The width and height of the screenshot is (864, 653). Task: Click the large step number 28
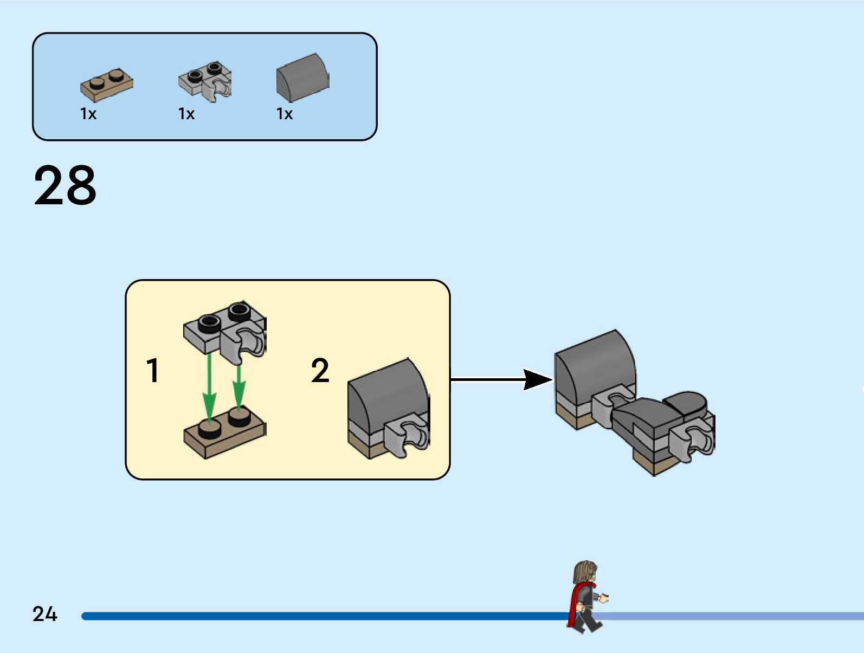65,185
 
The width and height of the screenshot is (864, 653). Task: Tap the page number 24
45,614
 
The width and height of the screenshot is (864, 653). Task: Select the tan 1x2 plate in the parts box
107,85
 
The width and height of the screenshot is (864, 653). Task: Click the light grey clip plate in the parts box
205,82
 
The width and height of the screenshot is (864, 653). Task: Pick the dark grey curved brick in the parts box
302,77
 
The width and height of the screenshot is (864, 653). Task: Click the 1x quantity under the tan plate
88,114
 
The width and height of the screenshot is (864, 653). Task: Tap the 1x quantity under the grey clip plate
186,114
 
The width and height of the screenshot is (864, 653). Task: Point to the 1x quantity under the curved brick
284,114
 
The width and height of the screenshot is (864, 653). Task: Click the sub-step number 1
153,370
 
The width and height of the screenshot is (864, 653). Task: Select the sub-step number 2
320,370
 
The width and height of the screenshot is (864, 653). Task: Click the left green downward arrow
209,387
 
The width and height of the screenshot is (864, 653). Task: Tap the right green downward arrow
238,387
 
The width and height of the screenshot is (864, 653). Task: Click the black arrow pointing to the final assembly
501,379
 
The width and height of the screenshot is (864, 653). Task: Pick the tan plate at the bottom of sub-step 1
225,432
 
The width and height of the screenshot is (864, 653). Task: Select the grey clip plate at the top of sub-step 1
225,329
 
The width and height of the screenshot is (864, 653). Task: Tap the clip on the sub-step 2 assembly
406,436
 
